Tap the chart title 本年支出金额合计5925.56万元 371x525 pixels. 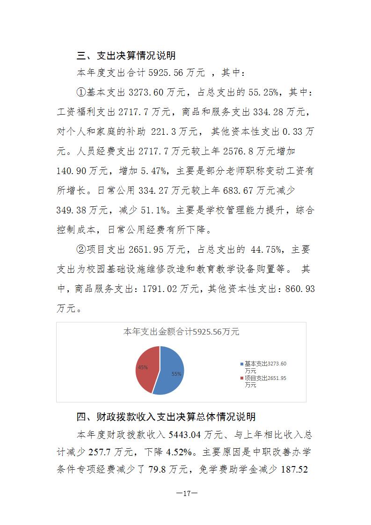click(181, 332)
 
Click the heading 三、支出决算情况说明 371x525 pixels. click(126, 56)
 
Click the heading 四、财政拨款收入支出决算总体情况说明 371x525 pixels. click(166, 416)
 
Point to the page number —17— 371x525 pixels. click(185, 493)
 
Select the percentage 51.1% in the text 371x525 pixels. click(156, 211)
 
